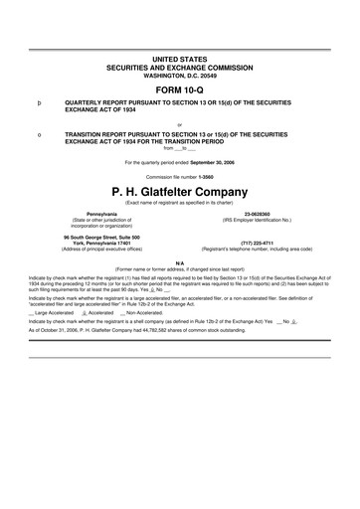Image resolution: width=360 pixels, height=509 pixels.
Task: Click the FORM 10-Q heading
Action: (179, 86)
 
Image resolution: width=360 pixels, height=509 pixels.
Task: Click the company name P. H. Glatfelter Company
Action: (179, 189)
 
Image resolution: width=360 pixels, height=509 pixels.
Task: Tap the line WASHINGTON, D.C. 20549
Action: (179, 75)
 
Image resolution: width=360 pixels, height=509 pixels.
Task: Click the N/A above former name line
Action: (179, 261)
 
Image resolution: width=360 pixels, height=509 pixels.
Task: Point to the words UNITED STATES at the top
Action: (179, 60)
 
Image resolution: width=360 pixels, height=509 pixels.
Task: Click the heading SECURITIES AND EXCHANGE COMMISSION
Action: (179, 68)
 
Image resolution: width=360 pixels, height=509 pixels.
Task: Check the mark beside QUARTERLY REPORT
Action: (39, 102)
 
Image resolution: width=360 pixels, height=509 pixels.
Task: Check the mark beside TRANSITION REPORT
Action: (39, 133)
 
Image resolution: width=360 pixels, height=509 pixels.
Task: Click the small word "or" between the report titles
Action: (179, 123)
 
